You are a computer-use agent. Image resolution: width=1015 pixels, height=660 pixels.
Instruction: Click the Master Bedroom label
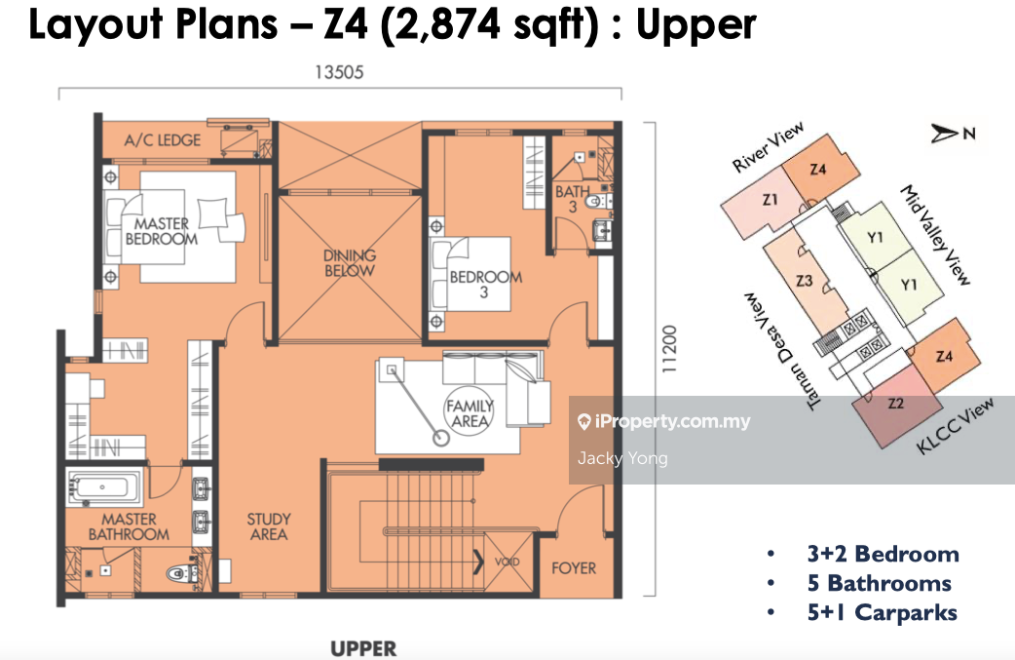click(x=162, y=231)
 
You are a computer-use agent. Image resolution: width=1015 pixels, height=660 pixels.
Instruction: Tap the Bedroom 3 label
click(x=485, y=285)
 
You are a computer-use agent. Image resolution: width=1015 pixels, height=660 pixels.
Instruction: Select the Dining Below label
click(x=350, y=263)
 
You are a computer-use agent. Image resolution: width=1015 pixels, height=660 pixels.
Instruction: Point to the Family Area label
click(x=470, y=413)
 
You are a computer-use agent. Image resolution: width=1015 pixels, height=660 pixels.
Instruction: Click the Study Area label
click(x=269, y=526)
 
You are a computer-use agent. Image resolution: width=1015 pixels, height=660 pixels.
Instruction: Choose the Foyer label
click(x=574, y=568)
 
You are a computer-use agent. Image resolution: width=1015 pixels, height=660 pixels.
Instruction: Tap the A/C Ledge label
click(x=163, y=140)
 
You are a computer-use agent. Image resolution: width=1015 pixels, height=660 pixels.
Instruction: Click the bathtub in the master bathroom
click(x=103, y=487)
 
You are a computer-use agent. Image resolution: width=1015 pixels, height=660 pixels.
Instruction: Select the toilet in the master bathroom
click(x=181, y=572)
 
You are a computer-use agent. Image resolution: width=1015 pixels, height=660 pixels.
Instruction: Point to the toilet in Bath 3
click(x=597, y=202)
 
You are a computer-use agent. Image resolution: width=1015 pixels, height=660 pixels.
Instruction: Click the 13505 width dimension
click(x=339, y=72)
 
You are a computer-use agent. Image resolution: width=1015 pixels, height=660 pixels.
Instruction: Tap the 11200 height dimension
click(x=669, y=348)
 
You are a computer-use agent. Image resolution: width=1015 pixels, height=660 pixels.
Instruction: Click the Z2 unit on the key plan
click(x=896, y=405)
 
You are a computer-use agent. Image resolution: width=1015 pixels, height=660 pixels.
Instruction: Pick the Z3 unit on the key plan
click(x=805, y=281)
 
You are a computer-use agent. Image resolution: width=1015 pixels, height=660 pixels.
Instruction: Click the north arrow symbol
click(x=945, y=134)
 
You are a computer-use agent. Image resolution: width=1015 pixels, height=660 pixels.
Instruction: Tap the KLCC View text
click(x=955, y=426)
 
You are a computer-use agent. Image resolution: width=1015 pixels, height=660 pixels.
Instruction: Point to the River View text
click(x=768, y=147)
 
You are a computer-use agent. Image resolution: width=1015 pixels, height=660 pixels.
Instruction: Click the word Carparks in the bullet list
click(x=906, y=613)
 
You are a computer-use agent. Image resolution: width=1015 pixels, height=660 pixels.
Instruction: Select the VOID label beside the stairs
click(x=507, y=563)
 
